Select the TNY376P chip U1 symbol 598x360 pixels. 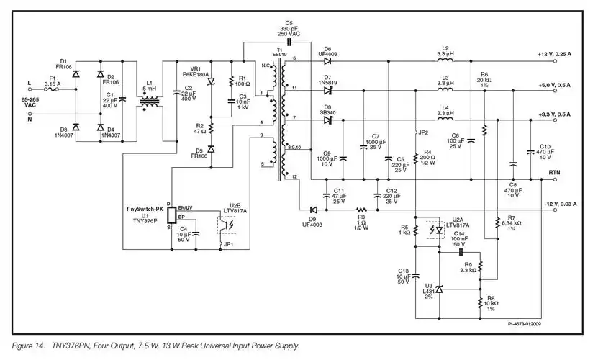click(170, 215)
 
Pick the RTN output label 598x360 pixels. click(555, 173)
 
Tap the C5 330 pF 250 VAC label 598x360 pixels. click(289, 28)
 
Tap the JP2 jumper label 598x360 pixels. click(423, 132)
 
